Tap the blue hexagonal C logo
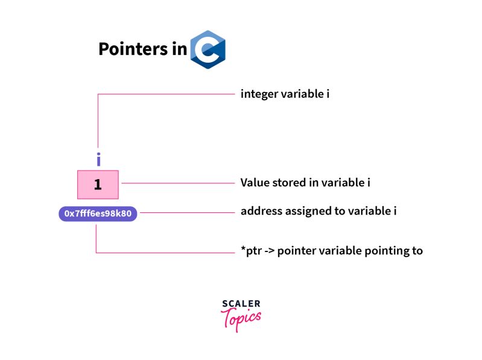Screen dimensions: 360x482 point(208,49)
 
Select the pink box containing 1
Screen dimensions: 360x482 point(98,185)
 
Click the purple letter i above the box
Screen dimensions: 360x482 point(98,159)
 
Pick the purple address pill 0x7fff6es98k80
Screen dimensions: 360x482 point(98,213)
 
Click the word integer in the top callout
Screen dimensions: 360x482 point(259,95)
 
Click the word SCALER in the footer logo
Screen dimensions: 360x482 point(241,304)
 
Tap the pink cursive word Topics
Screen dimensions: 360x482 point(241,318)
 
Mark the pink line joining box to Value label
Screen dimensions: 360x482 point(178,183)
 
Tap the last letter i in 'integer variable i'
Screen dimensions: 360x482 point(328,95)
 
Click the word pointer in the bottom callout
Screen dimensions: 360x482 point(298,251)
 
